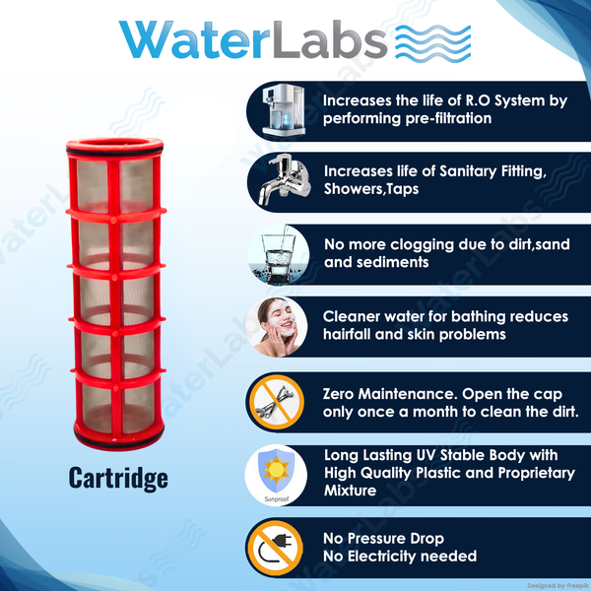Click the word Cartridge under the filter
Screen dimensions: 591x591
118,479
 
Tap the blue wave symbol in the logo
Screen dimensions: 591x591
433,42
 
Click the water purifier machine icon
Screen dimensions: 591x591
284,110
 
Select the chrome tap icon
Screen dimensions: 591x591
285,180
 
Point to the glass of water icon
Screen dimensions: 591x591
278,254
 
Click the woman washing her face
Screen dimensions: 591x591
277,327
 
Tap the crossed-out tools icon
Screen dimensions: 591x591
277,402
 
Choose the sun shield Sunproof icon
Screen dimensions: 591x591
276,475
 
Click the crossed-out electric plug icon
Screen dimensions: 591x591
276,549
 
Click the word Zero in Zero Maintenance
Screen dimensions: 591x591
338,394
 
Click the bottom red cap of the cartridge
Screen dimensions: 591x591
119,438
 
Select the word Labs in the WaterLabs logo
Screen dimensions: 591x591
329,40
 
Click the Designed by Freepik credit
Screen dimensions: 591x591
558,585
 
